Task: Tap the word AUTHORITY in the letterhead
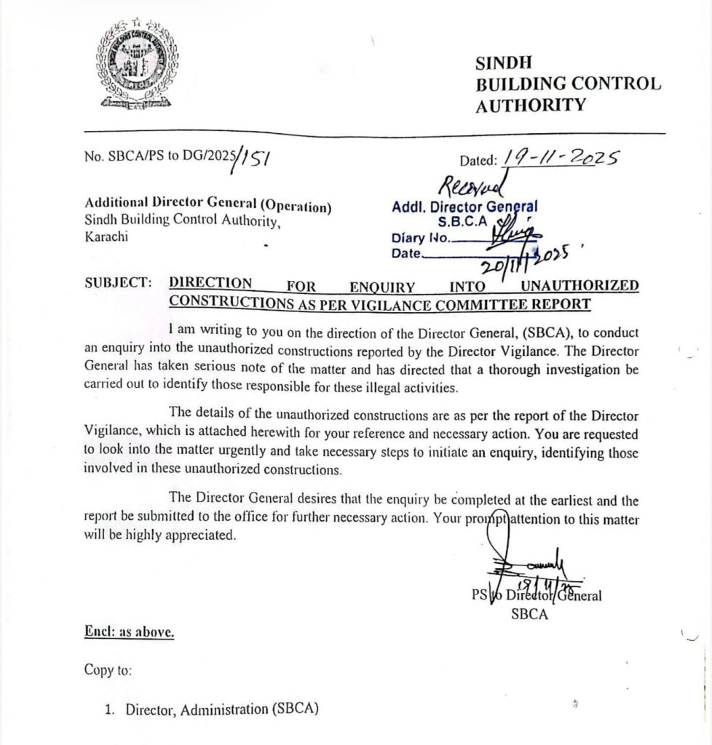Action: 530,105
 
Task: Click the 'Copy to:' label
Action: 108,670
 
